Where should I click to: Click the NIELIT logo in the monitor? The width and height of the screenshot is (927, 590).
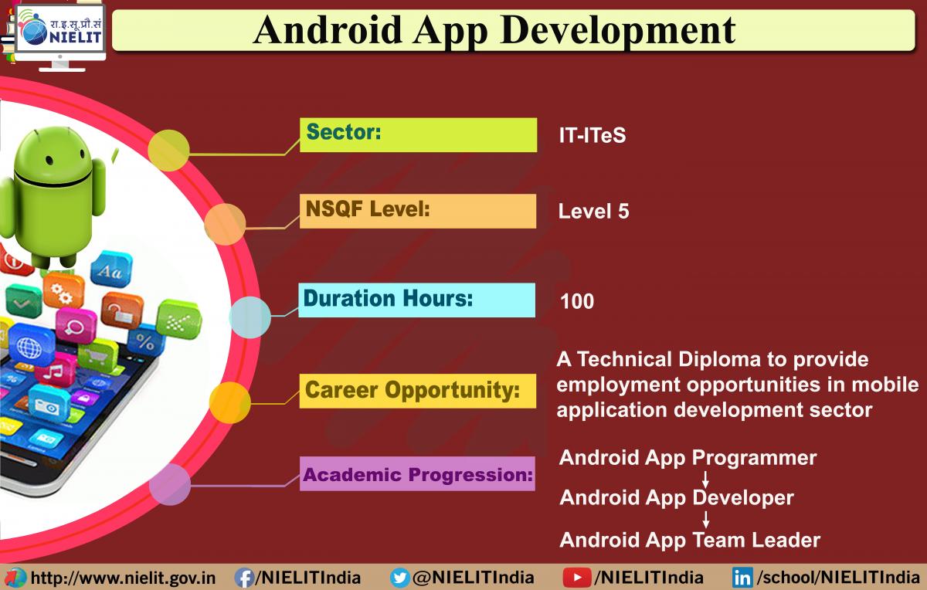(60, 28)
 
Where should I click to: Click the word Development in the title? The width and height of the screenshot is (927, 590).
(617, 30)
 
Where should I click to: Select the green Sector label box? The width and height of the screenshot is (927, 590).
(419, 135)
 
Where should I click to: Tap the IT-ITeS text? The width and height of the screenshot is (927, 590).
(593, 135)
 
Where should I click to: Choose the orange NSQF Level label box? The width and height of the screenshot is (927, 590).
(418, 211)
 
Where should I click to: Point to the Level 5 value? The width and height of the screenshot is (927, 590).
(593, 211)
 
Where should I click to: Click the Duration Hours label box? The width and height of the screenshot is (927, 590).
(416, 300)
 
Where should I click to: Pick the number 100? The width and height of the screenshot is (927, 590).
(577, 301)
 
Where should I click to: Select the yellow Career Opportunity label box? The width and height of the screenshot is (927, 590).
(418, 391)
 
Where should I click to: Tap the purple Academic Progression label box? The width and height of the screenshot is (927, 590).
(417, 473)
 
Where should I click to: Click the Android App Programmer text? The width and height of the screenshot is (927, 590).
(688, 458)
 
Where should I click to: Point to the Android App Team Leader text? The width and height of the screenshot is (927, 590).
(690, 540)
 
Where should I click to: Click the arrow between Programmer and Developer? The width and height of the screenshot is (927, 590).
(705, 479)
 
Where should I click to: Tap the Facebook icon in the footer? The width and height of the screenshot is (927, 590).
(244, 578)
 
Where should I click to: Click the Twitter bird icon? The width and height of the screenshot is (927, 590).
(400, 578)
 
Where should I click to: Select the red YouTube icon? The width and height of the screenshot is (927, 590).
(577, 578)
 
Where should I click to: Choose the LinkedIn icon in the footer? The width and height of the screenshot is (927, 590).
(742, 578)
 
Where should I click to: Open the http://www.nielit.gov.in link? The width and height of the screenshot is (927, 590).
(124, 578)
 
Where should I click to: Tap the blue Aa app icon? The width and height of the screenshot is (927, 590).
(111, 270)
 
